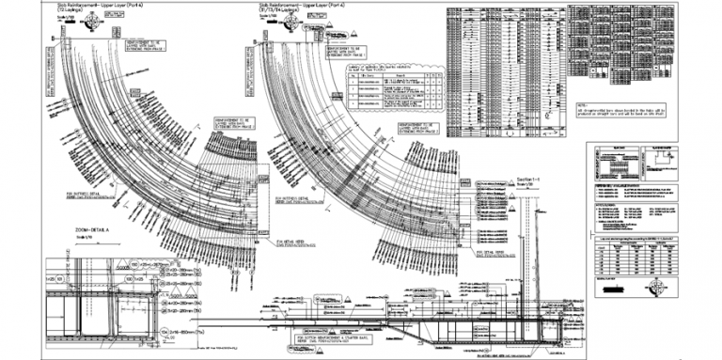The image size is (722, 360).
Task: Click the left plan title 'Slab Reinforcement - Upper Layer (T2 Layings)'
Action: coord(89,8)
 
